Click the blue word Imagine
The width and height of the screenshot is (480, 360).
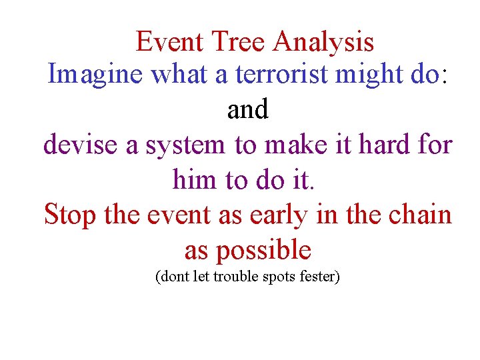[95, 75]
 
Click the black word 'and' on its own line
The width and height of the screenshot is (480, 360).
[247, 110]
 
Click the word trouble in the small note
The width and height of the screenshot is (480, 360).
[236, 277]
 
